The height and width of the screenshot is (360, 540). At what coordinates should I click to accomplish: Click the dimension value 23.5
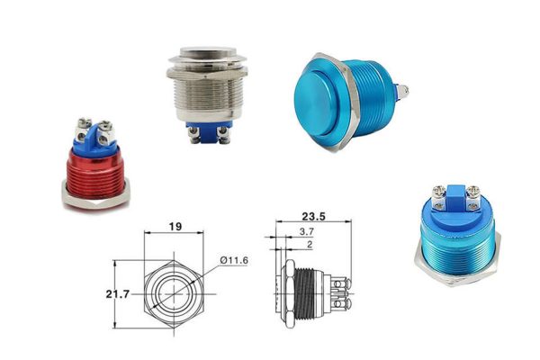[313, 216]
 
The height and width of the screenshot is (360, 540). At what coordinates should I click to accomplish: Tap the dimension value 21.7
[118, 294]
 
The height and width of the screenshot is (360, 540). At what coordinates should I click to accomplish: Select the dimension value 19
[175, 226]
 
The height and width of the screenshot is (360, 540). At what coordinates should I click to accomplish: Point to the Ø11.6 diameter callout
[234, 260]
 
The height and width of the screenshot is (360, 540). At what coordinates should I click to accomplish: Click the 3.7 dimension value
[307, 231]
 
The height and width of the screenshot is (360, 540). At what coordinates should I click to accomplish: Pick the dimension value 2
[310, 245]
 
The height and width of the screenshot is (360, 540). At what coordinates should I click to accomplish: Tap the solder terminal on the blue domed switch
[401, 91]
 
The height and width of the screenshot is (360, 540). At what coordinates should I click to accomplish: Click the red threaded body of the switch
[95, 173]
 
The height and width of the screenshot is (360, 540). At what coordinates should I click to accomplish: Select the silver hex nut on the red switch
[96, 198]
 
